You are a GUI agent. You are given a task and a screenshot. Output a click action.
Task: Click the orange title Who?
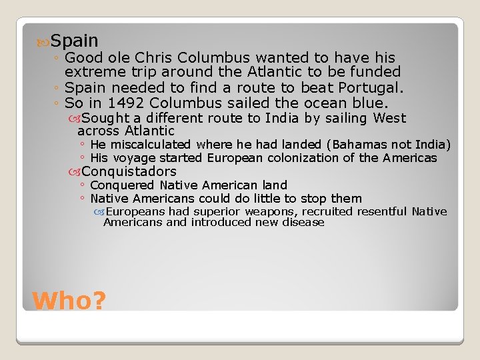69,301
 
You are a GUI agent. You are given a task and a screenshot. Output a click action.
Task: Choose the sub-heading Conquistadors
129,171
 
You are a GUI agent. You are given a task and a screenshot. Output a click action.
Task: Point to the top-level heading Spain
74,41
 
